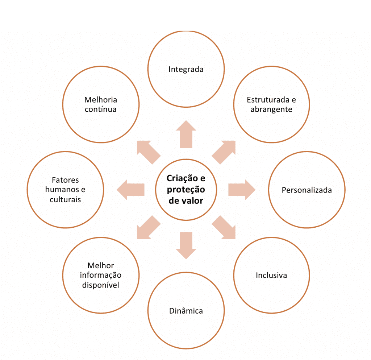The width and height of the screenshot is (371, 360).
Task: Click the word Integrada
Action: (x=186, y=69)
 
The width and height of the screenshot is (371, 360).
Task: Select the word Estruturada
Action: (x=268, y=100)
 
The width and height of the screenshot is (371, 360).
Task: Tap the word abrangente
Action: (x=271, y=109)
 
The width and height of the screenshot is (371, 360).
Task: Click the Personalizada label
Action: (x=307, y=190)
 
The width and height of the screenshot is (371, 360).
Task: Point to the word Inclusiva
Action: (x=271, y=275)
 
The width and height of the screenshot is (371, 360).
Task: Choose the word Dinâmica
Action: (x=186, y=311)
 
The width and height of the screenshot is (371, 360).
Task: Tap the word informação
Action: (x=101, y=275)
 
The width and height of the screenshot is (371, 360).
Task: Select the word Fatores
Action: (x=65, y=180)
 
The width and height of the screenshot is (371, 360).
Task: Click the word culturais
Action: (x=65, y=199)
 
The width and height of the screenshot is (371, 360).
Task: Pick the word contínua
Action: (x=101, y=109)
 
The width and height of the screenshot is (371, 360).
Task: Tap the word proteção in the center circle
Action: (x=186, y=190)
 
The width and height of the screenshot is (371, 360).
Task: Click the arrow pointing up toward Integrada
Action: (x=186, y=134)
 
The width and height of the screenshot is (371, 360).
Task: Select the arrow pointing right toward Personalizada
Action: (x=242, y=190)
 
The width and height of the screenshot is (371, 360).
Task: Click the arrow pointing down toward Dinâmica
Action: (x=186, y=245)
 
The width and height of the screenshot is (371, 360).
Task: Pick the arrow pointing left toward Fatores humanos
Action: (x=130, y=190)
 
